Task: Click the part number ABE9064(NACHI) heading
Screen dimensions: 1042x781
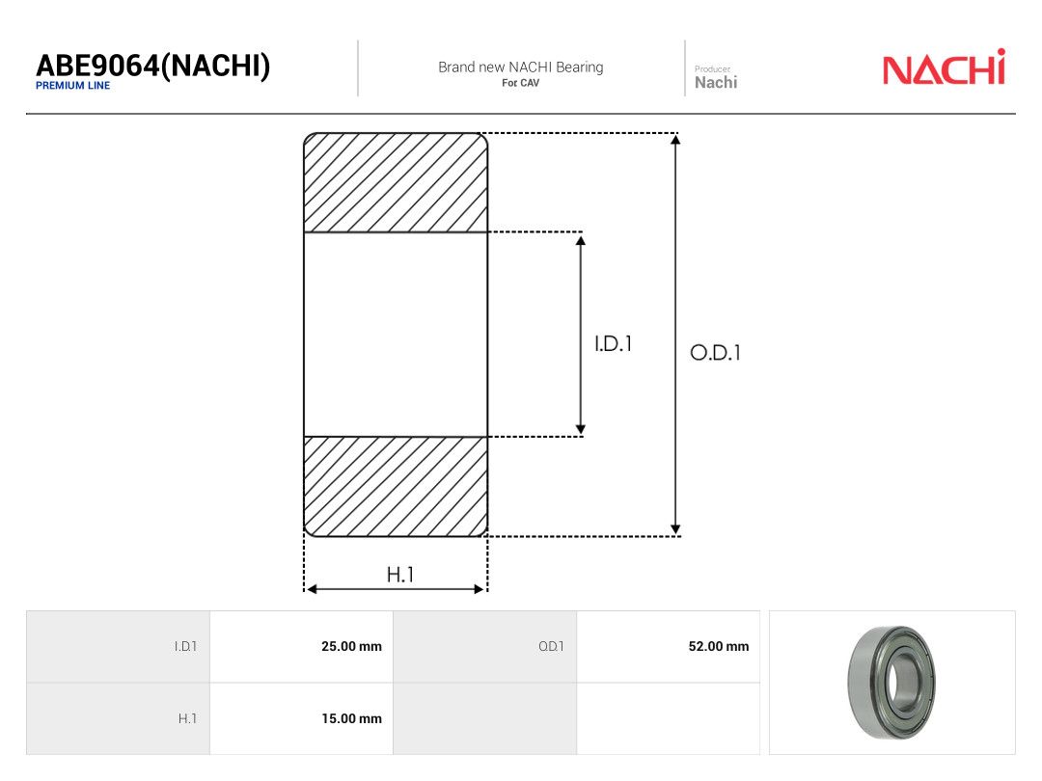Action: (x=152, y=66)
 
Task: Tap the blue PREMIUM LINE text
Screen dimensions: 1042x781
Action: (x=72, y=86)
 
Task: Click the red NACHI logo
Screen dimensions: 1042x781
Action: (x=944, y=67)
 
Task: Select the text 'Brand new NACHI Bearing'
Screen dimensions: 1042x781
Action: (x=520, y=67)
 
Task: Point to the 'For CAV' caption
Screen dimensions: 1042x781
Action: (x=520, y=83)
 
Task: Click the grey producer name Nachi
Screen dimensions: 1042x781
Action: (x=716, y=82)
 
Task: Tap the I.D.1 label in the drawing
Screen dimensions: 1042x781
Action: (x=613, y=344)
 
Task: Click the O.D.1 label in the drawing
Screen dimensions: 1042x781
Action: (x=715, y=353)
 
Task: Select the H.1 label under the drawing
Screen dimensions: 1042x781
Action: (x=400, y=575)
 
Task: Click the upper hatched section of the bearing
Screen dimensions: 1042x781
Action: (x=396, y=182)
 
